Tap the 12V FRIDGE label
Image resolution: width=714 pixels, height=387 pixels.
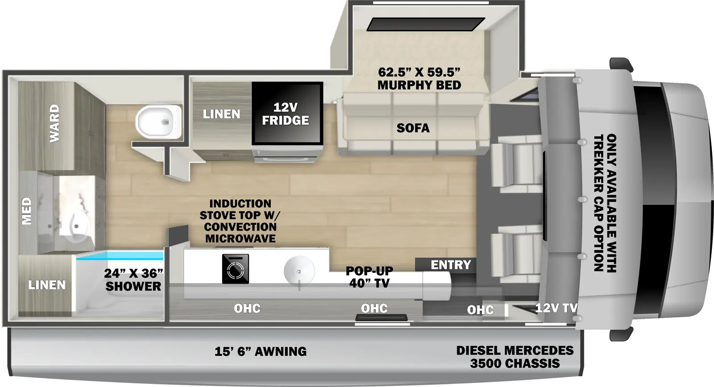click(286, 114)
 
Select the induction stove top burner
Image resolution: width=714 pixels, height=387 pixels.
click(235, 269)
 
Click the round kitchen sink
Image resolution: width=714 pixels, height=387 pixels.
click(299, 271)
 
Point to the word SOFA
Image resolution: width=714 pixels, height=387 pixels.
click(413, 128)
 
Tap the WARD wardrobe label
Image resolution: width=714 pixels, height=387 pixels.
click(54, 123)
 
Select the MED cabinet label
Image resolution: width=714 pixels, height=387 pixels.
click(27, 210)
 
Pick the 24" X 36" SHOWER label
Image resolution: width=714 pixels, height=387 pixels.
click(133, 280)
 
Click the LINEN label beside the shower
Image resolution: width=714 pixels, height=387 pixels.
click(47, 285)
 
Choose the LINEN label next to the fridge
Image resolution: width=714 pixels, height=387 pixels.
click(221, 114)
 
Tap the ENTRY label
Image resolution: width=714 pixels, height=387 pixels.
click(451, 265)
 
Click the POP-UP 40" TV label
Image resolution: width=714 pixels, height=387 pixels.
click(369, 277)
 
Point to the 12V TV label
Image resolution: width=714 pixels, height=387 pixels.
click(556, 308)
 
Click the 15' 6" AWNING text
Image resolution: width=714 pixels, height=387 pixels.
click(261, 351)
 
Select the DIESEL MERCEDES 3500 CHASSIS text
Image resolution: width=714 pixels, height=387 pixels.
click(515, 357)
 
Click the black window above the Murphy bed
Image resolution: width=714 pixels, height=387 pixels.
click(425, 24)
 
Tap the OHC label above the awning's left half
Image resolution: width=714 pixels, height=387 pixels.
click(247, 308)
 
